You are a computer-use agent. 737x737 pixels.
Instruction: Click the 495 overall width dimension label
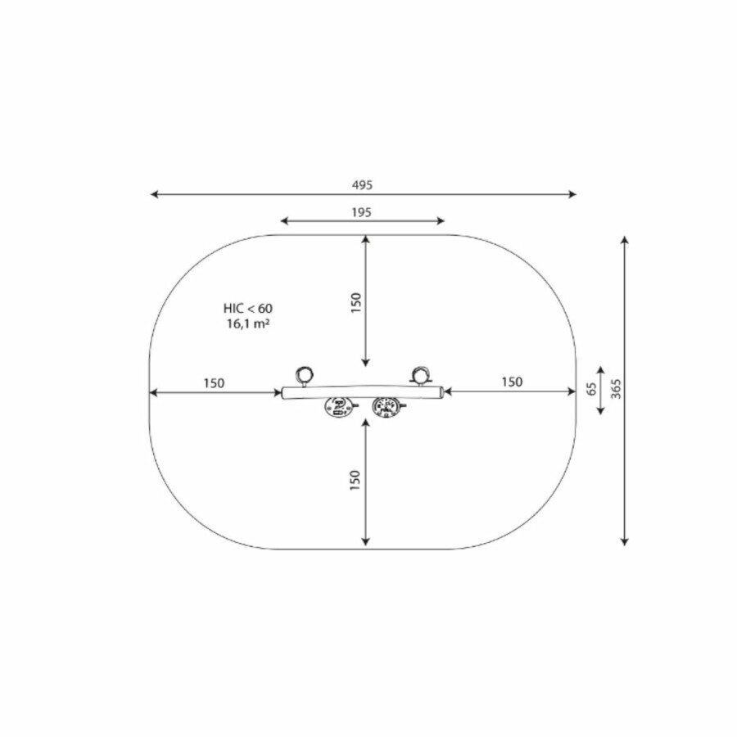[x=362, y=185]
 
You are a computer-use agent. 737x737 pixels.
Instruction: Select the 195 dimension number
[x=361, y=212]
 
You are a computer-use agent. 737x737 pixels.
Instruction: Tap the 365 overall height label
[x=616, y=389]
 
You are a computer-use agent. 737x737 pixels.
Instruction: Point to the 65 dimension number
[x=592, y=389]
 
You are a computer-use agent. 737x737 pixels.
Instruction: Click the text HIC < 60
[x=247, y=309]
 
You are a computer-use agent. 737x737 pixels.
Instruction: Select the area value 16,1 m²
[x=248, y=323]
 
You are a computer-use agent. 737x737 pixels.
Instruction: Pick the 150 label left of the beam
[x=214, y=383]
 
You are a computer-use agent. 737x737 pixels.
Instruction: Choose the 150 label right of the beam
[x=512, y=382]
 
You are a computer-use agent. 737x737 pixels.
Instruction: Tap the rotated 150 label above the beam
[x=356, y=303]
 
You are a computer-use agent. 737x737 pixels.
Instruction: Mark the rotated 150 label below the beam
[x=355, y=480]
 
